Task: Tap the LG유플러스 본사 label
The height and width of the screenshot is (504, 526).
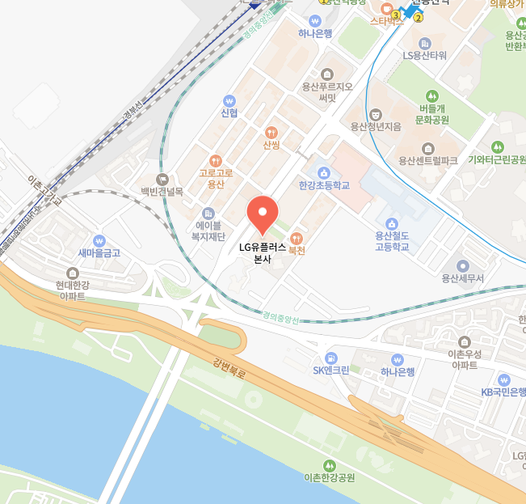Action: click(263, 253)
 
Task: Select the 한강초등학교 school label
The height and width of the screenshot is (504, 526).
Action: click(323, 185)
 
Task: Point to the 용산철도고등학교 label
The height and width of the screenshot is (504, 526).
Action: click(392, 240)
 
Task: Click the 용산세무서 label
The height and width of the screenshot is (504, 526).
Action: click(462, 278)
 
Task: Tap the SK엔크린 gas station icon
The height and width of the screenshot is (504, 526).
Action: click(330, 358)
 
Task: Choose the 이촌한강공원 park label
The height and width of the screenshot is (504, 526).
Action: click(329, 477)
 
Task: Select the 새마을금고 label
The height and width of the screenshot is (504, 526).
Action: click(99, 252)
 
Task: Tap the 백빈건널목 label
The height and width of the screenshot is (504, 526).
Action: click(162, 192)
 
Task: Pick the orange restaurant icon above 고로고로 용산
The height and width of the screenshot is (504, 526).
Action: click(215, 160)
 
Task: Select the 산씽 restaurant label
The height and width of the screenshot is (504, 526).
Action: click(271, 145)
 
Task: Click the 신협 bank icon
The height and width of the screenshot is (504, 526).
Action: click(229, 101)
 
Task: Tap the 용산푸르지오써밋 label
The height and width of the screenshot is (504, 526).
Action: click(326, 91)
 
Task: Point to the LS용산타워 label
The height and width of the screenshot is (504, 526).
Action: click(425, 56)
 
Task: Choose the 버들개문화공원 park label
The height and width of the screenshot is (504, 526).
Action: click(431, 113)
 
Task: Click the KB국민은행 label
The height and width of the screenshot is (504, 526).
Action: click(503, 392)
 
